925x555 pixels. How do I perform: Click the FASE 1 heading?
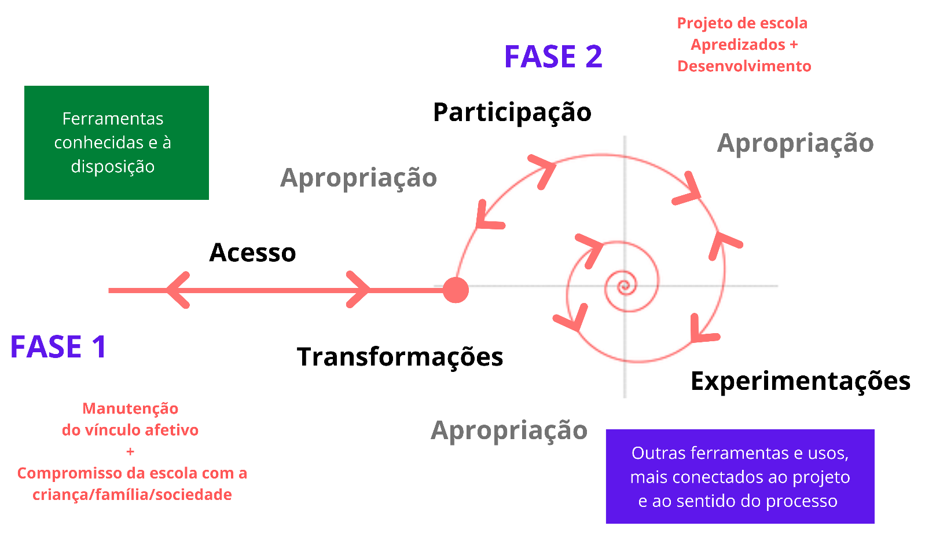pyautogui.click(x=58, y=347)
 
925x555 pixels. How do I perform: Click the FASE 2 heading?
pyautogui.click(x=553, y=57)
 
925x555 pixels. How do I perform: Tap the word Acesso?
pyautogui.click(x=252, y=253)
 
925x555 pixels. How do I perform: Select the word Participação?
pyautogui.click(x=512, y=112)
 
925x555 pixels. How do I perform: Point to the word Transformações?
pyautogui.click(x=399, y=357)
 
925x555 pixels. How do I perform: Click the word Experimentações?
pyautogui.click(x=800, y=381)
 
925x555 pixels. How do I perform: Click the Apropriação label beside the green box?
pyautogui.click(x=358, y=178)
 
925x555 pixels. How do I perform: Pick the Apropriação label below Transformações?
pyautogui.click(x=509, y=430)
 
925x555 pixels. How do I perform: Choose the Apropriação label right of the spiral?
pyautogui.click(x=795, y=143)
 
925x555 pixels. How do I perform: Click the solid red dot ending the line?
pyautogui.click(x=456, y=290)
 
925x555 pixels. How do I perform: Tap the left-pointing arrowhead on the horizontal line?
pyautogui.click(x=178, y=290)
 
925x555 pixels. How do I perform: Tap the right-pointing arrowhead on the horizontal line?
pyautogui.click(x=359, y=290)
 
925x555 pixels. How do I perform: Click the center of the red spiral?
pyautogui.click(x=624, y=285)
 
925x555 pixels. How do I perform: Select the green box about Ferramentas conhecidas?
pyautogui.click(x=116, y=143)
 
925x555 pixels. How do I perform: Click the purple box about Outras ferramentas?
pyautogui.click(x=740, y=476)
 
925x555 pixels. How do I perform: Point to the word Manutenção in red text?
pyautogui.click(x=130, y=408)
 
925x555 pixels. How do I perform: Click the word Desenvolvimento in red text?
pyautogui.click(x=744, y=66)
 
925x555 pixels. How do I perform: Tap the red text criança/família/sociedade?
pyautogui.click(x=132, y=495)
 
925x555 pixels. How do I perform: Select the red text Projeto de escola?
pyautogui.click(x=742, y=23)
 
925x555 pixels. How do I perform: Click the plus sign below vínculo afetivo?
pyautogui.click(x=130, y=451)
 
